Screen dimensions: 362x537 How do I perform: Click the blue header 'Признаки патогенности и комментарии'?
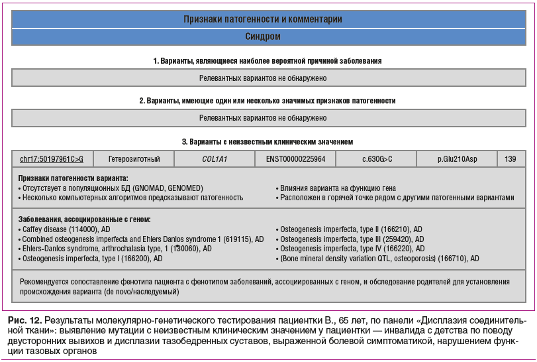pyautogui.click(x=268, y=19)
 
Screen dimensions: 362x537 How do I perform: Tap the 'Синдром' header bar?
pyautogui.click(x=268, y=37)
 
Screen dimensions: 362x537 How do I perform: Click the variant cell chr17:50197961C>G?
pyautogui.click(x=52, y=159)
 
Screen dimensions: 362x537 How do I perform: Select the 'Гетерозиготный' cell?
pyautogui.click(x=133, y=159)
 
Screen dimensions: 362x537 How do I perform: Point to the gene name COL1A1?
pyautogui.click(x=215, y=159)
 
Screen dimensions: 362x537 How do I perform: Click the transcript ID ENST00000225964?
pyautogui.click(x=295, y=159)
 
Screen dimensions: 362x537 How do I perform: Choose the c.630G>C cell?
pyautogui.click(x=376, y=159)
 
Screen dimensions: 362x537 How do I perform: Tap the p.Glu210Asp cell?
pyautogui.click(x=457, y=159)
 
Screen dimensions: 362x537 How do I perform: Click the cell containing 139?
pyautogui.click(x=511, y=159)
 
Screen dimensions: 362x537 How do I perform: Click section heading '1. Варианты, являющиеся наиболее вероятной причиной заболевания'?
pyautogui.click(x=268, y=61)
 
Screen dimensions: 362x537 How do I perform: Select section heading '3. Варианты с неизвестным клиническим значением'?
pyautogui.click(x=268, y=142)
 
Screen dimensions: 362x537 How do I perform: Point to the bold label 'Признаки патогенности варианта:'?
pyautogui.click(x=73, y=178)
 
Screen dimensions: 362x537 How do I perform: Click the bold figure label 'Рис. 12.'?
pyautogui.click(x=25, y=321)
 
